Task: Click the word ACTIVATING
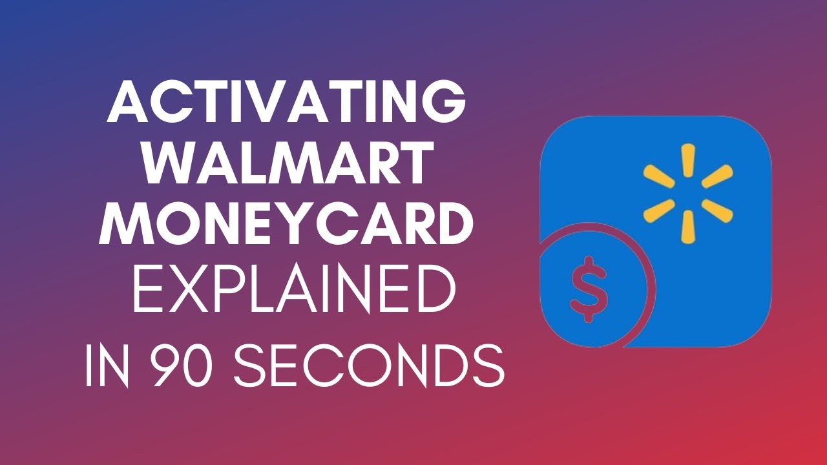pyautogui.click(x=286, y=101)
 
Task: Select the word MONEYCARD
pyautogui.click(x=286, y=223)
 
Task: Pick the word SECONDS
pyautogui.click(x=369, y=365)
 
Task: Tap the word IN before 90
pyautogui.click(x=107, y=365)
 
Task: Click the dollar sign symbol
pyautogui.click(x=589, y=289)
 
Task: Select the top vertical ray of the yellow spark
pyautogui.click(x=688, y=160)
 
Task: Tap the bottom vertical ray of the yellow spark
pyautogui.click(x=688, y=227)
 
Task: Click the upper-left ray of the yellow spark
pyautogui.click(x=659, y=176)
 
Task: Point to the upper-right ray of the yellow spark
pyautogui.click(x=717, y=176)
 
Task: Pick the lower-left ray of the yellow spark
pyautogui.click(x=659, y=211)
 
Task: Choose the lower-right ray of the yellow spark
pyautogui.click(x=717, y=211)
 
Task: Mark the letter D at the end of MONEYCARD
pyautogui.click(x=452, y=223)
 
